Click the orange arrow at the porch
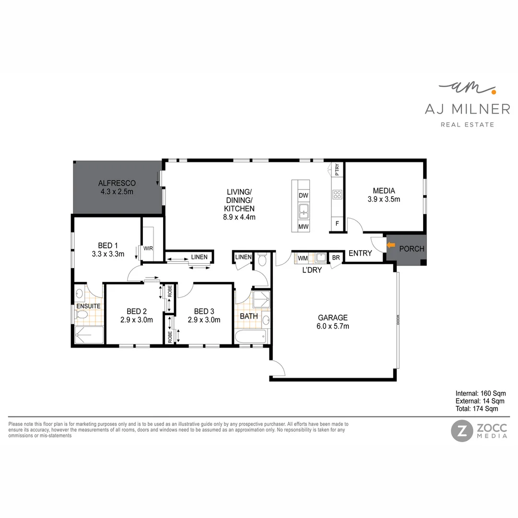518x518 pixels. pos(390,245)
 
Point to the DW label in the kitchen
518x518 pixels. pos(303,196)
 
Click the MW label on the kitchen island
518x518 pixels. pos(303,226)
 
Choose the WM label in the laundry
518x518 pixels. pos(303,258)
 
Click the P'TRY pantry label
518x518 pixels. pos(338,170)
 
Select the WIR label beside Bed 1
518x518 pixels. pos(148,248)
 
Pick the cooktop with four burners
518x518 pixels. pos(337,194)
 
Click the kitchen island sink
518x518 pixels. pos(303,210)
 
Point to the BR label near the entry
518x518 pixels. pos(336,258)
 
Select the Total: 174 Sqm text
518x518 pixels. pos(477,409)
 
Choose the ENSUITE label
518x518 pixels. pos(88,306)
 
